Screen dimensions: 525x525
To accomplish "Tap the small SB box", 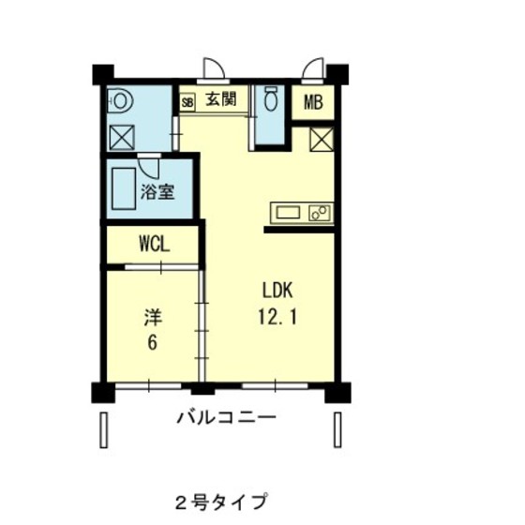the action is [x=187, y=102].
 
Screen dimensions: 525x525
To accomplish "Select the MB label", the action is [x=313, y=102].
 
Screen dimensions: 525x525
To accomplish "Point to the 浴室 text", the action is [x=157, y=192].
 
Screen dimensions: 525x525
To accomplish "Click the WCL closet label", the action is [x=155, y=244].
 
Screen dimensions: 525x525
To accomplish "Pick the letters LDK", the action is [x=277, y=291].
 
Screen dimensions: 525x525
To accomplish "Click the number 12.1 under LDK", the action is [x=277, y=317].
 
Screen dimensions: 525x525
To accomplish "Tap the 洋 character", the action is [x=153, y=318].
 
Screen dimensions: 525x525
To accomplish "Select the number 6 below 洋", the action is [x=152, y=342].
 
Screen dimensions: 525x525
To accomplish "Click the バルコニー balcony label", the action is [x=226, y=418].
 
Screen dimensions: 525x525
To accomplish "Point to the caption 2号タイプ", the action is [x=221, y=502].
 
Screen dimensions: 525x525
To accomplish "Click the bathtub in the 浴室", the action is [x=124, y=188].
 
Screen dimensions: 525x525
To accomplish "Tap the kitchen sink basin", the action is [x=288, y=213].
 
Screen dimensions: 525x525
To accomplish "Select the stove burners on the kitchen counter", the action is [x=320, y=213].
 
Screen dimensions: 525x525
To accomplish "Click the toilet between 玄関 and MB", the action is [x=271, y=98].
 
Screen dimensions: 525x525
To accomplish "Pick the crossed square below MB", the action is [x=322, y=140].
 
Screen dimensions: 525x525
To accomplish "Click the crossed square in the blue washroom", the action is [x=122, y=137].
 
